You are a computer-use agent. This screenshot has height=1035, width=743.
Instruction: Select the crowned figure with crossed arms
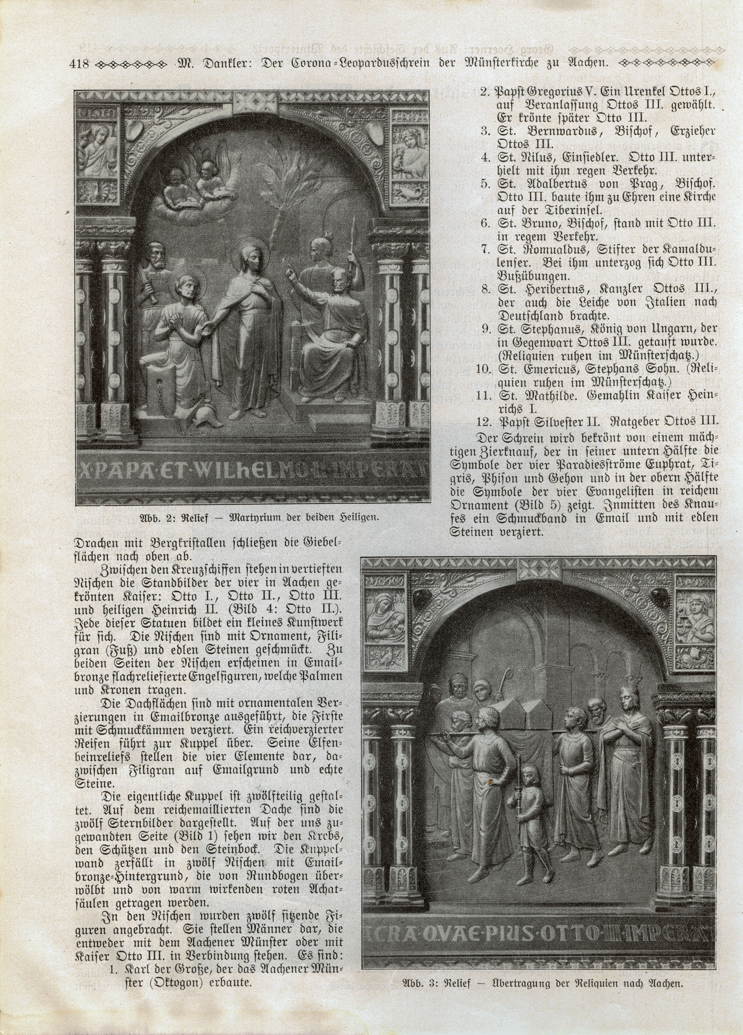click(627, 757)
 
